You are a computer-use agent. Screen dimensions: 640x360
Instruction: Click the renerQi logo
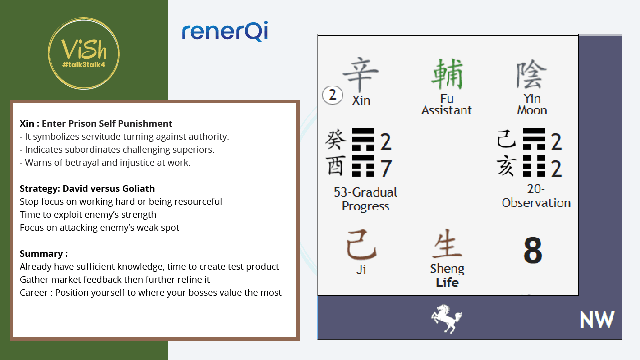(x=225, y=31)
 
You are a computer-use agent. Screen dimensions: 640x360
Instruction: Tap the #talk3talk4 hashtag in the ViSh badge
(x=84, y=65)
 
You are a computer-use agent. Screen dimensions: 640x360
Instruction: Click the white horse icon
(x=447, y=319)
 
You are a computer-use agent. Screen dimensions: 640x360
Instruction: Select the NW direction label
(x=597, y=319)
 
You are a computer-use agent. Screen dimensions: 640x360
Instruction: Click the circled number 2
(x=332, y=95)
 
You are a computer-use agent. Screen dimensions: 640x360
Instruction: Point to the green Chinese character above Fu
(x=447, y=74)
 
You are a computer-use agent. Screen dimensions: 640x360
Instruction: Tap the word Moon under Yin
(x=532, y=110)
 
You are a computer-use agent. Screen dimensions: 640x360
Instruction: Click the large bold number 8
(x=533, y=250)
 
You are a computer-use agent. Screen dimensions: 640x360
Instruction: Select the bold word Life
(x=447, y=282)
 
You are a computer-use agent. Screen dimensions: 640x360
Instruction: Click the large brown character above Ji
(x=361, y=245)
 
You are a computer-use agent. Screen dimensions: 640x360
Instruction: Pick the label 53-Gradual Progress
(x=365, y=199)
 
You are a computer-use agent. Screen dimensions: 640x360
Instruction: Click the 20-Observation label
(x=536, y=196)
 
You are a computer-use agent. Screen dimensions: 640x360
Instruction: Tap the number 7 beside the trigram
(x=386, y=168)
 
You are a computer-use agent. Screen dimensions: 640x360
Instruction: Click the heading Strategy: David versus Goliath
(x=87, y=189)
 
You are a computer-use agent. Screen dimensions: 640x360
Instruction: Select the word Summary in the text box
(x=41, y=253)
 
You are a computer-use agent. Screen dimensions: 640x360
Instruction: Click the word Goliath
(x=139, y=189)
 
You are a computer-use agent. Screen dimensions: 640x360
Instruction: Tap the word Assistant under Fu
(x=447, y=110)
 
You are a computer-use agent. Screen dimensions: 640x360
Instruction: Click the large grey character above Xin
(x=361, y=74)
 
